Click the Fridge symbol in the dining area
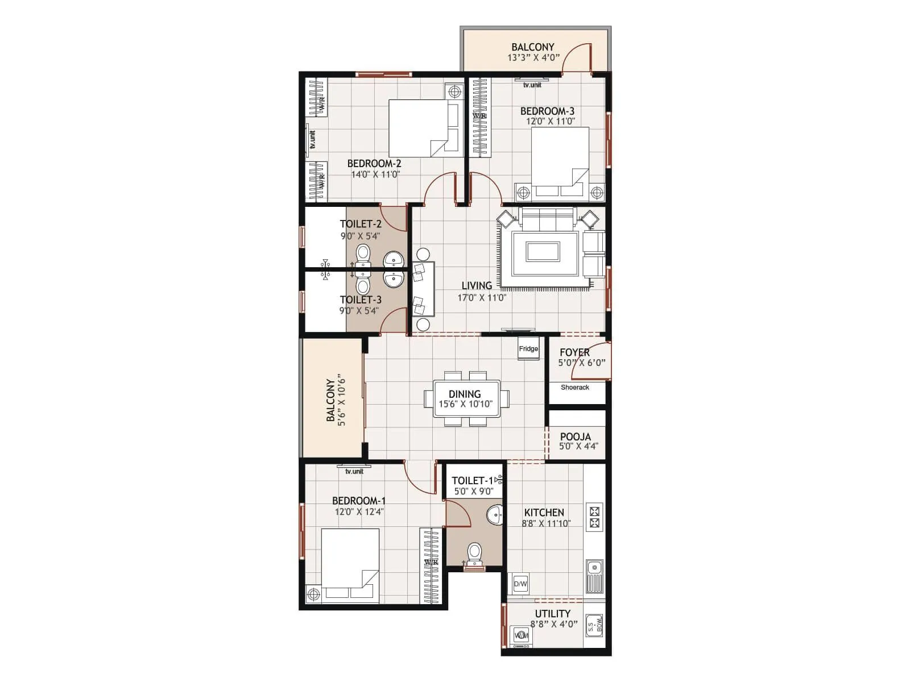click(528, 348)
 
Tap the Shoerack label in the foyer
click(574, 388)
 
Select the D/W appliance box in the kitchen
click(520, 584)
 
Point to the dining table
click(466, 399)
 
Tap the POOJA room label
click(575, 436)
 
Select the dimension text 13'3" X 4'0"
click(533, 57)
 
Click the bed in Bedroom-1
click(350, 565)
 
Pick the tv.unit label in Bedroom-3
click(532, 85)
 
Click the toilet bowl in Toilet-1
click(474, 552)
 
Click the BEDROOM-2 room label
click(374, 164)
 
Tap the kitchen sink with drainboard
click(595, 574)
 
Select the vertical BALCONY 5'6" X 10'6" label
click(336, 400)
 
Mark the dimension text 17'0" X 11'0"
click(482, 297)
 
